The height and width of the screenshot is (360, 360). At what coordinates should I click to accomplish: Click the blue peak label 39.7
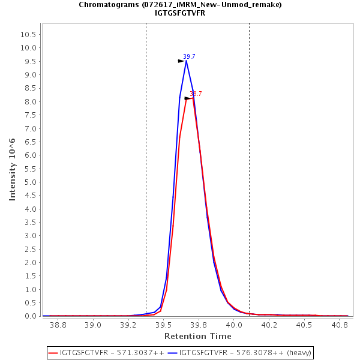point(189,56)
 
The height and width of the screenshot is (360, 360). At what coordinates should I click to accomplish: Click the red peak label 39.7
point(196,94)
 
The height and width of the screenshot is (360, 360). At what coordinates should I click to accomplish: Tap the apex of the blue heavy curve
point(186,61)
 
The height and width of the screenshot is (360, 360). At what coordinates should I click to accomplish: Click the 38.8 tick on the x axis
point(58,325)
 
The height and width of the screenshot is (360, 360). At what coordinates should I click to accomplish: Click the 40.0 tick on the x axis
point(234,325)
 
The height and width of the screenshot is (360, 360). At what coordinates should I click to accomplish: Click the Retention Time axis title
point(197,336)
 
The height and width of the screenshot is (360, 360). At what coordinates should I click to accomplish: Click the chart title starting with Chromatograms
point(180,5)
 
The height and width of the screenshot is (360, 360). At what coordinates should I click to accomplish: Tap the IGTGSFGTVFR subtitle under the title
point(180,13)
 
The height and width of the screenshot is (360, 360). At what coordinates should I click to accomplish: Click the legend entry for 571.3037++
point(112,352)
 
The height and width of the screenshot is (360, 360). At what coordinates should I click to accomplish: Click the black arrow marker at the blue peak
point(181,61)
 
